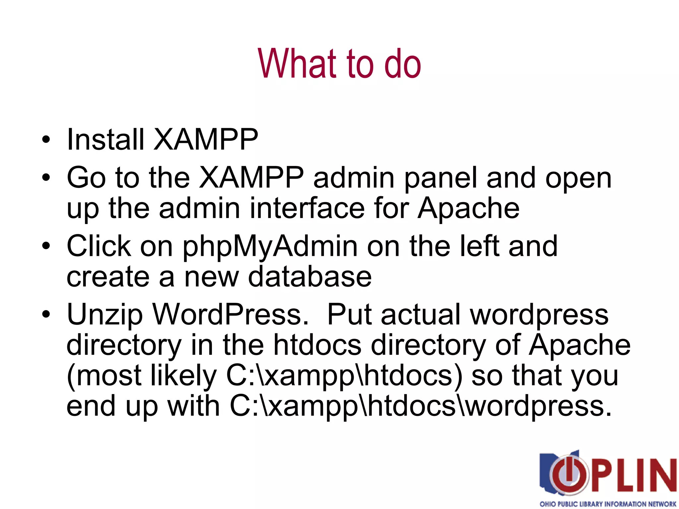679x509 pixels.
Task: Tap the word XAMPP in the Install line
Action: coord(206,140)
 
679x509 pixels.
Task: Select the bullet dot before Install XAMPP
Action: coord(46,140)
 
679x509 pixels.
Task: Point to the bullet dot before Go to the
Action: coord(46,178)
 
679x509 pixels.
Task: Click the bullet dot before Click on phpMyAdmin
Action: coord(46,246)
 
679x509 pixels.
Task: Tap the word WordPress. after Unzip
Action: coord(231,315)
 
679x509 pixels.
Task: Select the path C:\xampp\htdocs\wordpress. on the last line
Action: coord(420,406)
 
